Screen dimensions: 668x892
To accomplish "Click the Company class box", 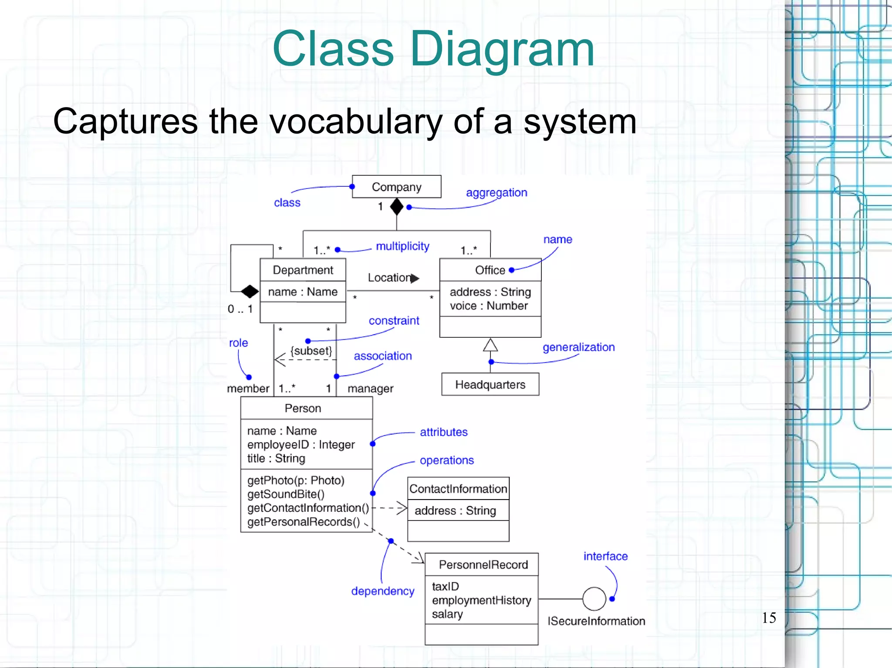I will click(x=396, y=187).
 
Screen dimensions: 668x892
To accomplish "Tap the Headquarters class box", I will click(x=490, y=384).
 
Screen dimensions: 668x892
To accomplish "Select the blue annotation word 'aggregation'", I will click(x=497, y=192).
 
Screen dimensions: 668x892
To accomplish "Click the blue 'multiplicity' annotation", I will click(x=402, y=246).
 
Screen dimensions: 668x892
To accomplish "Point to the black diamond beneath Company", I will click(x=396, y=207).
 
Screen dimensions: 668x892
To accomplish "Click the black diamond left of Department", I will click(x=250, y=291).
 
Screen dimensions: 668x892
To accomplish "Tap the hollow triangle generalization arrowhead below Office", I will click(x=490, y=345).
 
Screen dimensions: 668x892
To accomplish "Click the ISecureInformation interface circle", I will click(x=594, y=599).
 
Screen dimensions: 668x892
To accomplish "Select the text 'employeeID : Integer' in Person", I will click(x=301, y=445).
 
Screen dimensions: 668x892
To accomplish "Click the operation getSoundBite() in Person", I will click(x=286, y=494).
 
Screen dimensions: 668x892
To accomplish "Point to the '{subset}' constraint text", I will click(x=311, y=351).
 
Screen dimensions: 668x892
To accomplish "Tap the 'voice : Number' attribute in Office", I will click(x=489, y=306).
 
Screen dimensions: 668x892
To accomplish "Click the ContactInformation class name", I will click(x=458, y=489).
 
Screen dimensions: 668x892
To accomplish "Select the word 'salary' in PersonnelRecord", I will click(x=447, y=614).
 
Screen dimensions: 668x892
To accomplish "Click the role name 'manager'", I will click(x=370, y=389).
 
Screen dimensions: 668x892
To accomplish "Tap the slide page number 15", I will click(x=769, y=618).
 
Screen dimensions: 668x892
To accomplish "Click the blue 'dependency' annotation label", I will click(x=382, y=591).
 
